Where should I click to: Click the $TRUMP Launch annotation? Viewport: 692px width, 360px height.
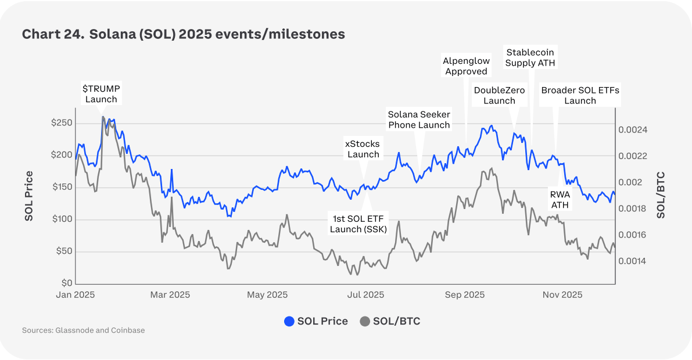[x=101, y=93]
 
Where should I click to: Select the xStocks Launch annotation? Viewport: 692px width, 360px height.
[x=363, y=149]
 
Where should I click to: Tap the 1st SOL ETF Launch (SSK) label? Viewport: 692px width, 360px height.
[x=358, y=224]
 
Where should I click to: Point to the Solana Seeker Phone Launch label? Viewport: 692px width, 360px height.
[x=419, y=120]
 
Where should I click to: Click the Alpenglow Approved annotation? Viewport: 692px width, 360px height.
[x=466, y=66]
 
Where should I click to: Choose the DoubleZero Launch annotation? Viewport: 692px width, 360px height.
[x=499, y=95]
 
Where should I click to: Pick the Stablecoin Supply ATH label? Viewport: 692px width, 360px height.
[x=530, y=57]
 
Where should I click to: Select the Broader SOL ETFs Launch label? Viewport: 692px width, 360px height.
[x=580, y=95]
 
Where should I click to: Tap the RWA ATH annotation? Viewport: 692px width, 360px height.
[x=560, y=200]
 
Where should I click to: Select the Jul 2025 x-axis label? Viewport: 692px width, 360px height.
[x=365, y=295]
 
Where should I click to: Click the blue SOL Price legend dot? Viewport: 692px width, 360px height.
[x=289, y=321]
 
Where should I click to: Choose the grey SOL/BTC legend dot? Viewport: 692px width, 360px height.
[x=365, y=321]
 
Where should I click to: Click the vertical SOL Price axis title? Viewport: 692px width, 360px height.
[x=28, y=196]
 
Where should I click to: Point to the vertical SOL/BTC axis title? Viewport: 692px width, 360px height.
[x=661, y=195]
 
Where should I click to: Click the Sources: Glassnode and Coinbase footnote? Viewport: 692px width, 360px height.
[x=83, y=330]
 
